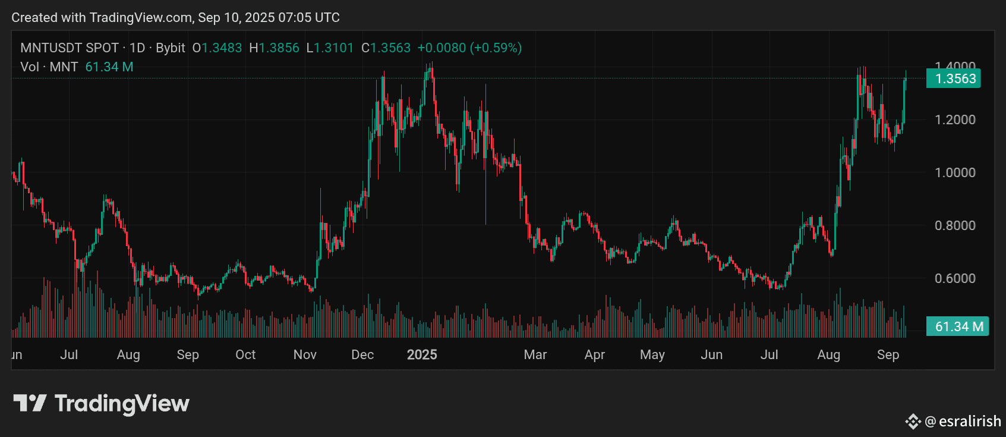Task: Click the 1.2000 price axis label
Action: [955, 120]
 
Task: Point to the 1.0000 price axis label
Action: [955, 172]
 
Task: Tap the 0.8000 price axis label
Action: [955, 225]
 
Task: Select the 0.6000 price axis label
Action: [955, 278]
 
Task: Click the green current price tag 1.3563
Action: [954, 78]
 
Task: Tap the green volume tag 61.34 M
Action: [957, 326]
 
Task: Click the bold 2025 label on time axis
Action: [422, 355]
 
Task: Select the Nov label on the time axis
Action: [305, 355]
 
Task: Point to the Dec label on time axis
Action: [362, 355]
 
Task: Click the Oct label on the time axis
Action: [245, 355]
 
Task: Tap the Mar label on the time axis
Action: [535, 355]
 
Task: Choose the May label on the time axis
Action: [652, 355]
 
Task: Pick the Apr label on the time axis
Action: [595, 355]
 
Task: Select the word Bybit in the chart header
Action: [171, 48]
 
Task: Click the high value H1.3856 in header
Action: [274, 48]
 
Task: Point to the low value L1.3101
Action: [330, 48]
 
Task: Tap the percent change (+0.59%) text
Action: [496, 48]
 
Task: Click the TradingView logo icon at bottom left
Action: [30, 403]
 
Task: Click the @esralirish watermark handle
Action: [963, 422]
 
